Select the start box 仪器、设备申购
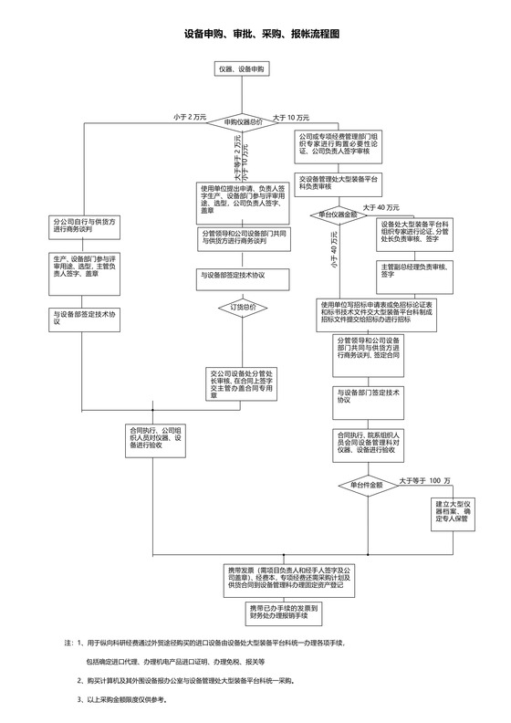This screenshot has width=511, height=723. click(244, 69)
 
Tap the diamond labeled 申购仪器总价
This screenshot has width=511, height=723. click(244, 120)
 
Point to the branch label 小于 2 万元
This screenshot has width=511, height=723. click(190, 117)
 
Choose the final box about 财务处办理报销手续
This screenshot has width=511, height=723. click(283, 611)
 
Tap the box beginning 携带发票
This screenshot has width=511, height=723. click(283, 577)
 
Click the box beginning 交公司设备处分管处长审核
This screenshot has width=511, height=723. click(243, 380)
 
